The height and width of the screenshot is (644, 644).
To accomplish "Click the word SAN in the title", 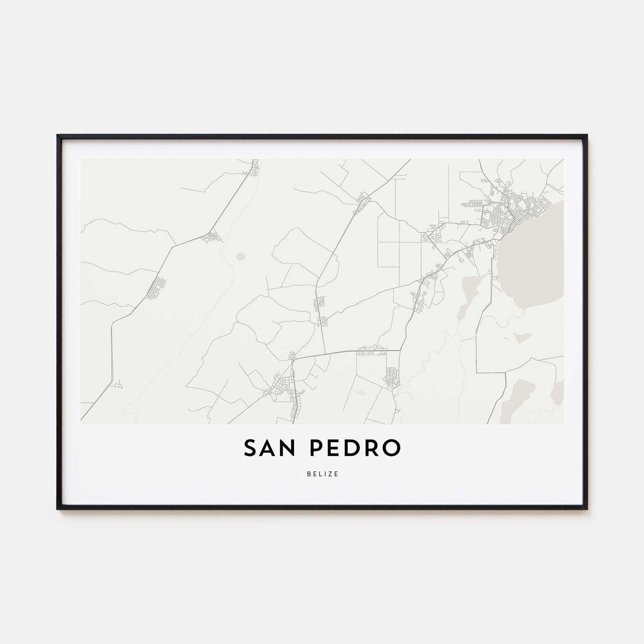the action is tap(270, 448).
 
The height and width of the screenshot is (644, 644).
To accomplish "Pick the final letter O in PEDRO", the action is tap(390, 448).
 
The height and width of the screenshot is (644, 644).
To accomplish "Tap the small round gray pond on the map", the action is tap(240, 255).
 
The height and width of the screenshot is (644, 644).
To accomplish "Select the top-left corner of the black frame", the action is tap(58, 136).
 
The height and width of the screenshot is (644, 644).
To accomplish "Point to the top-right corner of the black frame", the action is tap(586, 136).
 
